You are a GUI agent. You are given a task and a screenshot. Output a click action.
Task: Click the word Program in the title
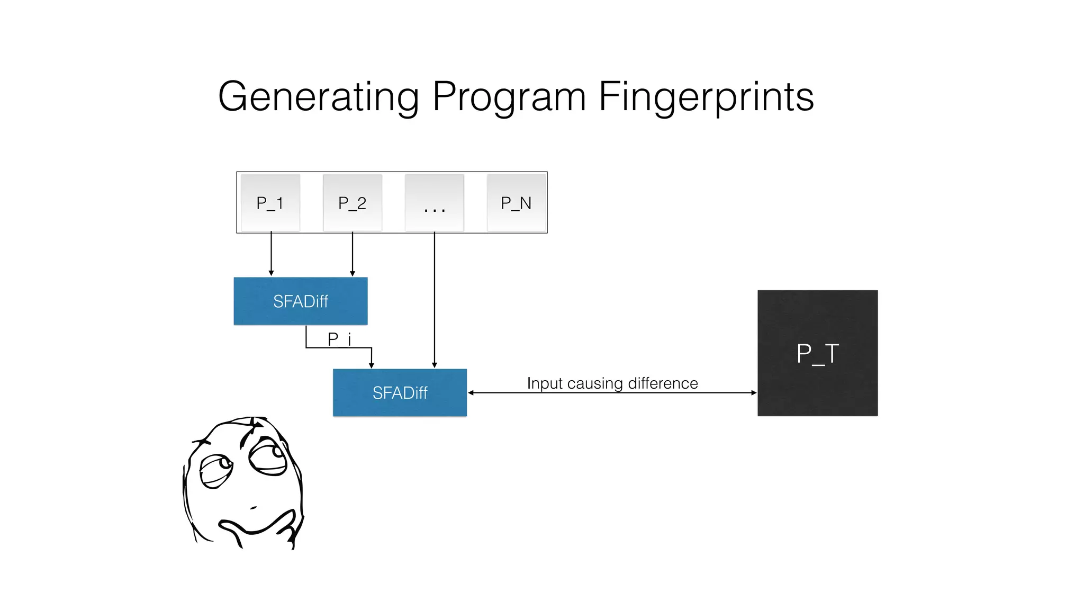pyautogui.click(x=509, y=97)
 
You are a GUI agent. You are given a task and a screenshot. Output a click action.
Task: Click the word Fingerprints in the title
pyautogui.click(x=706, y=97)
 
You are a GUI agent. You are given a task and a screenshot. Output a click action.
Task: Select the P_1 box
pyautogui.click(x=270, y=203)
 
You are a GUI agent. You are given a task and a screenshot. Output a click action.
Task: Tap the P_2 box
pyautogui.click(x=353, y=203)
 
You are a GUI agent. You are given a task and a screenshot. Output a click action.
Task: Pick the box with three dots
pyautogui.click(x=435, y=203)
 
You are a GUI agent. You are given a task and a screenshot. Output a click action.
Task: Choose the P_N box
pyautogui.click(x=516, y=203)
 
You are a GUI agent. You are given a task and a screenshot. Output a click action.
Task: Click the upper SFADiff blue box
pyautogui.click(x=301, y=301)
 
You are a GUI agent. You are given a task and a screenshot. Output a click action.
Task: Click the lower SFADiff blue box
pyautogui.click(x=400, y=392)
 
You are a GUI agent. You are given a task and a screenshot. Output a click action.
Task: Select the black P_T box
pyautogui.click(x=817, y=353)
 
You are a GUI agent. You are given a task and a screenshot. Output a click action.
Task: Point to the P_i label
pyautogui.click(x=339, y=339)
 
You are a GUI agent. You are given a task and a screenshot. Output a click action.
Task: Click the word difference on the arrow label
pyautogui.click(x=663, y=383)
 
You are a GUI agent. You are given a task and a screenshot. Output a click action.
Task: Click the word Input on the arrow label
pyautogui.click(x=545, y=383)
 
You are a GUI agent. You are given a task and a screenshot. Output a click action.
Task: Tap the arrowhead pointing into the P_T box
pyautogui.click(x=754, y=393)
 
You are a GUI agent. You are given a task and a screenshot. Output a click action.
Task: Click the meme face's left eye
pyautogui.click(x=216, y=470)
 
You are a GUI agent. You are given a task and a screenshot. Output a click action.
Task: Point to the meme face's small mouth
pyautogui.click(x=254, y=508)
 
